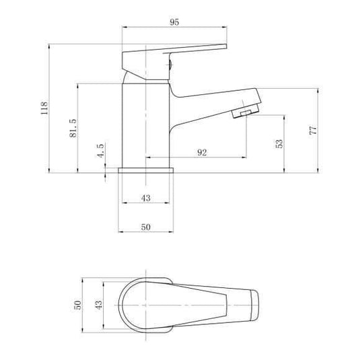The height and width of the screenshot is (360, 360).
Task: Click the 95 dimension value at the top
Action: click(174, 22)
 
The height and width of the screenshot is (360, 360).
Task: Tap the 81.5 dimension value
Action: click(73, 127)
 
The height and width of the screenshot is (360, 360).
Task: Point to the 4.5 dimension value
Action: click(100, 149)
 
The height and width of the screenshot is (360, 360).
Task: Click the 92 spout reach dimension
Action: click(201, 152)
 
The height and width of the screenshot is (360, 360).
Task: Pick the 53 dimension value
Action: click(279, 143)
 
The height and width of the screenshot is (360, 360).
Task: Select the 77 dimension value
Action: click(313, 130)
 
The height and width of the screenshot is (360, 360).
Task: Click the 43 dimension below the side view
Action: click(146, 197)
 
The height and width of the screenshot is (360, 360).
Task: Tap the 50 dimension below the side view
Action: click(146, 227)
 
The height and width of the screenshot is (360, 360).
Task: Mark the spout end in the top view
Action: click(254, 305)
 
